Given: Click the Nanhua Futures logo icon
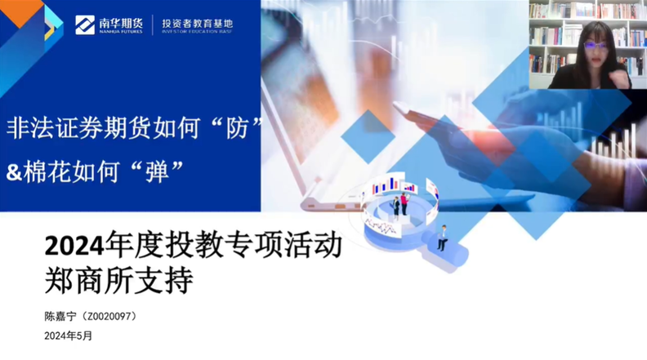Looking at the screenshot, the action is click(x=85, y=24).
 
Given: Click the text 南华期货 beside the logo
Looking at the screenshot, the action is click(x=121, y=23).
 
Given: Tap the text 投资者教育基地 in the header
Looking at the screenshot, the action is click(x=197, y=24).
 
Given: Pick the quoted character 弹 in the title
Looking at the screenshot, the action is click(x=157, y=171).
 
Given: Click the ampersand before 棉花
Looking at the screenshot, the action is click(x=14, y=172).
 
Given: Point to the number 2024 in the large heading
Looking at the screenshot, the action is click(x=74, y=247).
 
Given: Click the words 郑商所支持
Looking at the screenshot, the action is click(x=118, y=281).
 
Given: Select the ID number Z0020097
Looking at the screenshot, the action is click(x=109, y=317).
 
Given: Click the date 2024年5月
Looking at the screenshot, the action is click(x=69, y=336).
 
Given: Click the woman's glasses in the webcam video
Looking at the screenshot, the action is click(x=596, y=46).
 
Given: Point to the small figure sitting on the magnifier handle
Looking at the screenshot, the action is click(x=442, y=238).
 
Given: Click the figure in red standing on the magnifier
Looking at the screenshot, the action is click(x=404, y=204).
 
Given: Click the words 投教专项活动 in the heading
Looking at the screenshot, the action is click(x=254, y=247).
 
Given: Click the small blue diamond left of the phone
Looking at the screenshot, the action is click(x=368, y=136).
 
